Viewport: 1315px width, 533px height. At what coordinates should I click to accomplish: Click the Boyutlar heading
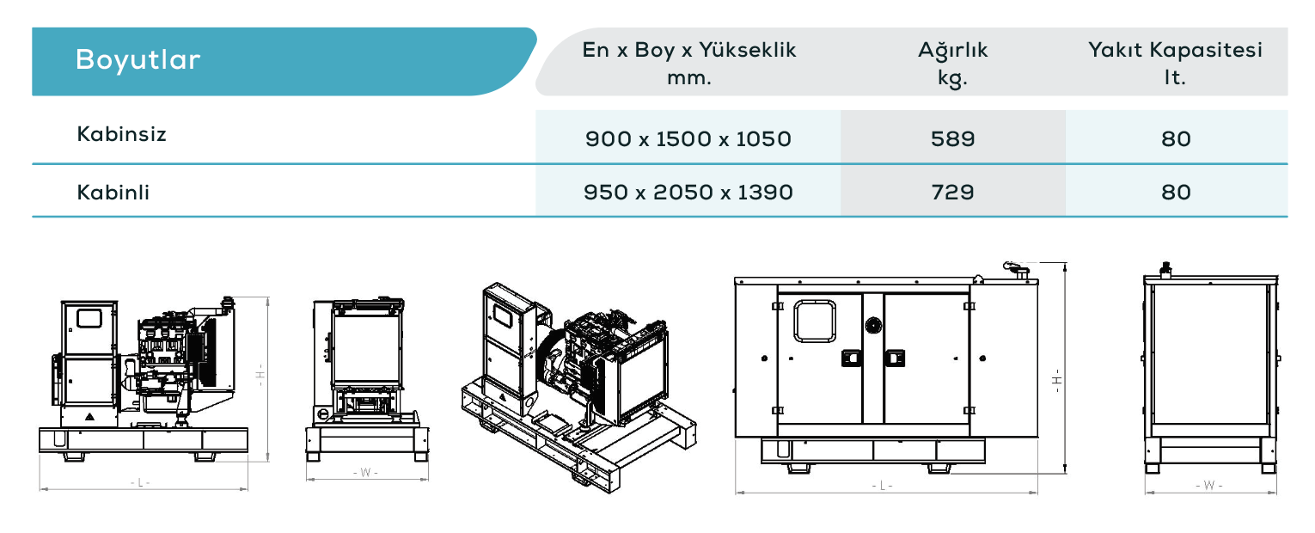coord(138,60)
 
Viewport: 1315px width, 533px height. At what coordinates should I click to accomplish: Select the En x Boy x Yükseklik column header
coord(689,63)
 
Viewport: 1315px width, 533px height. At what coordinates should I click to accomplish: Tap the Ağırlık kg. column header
coord(952,64)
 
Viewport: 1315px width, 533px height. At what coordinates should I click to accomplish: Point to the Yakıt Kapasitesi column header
coord(1175,63)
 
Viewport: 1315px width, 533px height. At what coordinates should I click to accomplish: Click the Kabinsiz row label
coord(121,134)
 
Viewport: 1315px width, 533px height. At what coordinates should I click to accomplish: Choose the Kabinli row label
coord(113,193)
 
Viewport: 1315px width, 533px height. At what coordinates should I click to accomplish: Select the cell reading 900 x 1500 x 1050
coord(688,139)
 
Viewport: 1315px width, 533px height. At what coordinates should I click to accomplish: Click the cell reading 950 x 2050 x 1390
coord(688,193)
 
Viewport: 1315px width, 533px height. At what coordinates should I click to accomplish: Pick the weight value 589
coord(953,139)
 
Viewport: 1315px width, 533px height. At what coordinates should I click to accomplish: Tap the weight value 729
coord(953,193)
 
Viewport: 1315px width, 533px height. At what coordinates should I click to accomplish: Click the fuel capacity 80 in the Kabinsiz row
coord(1176,139)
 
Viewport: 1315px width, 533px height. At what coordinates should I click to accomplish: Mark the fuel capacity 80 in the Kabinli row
coord(1176,193)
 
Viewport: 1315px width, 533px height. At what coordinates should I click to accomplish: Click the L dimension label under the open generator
coord(140,482)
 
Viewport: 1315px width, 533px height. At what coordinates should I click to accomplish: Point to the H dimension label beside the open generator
coord(260,375)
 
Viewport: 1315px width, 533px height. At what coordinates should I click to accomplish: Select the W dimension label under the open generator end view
coord(365,473)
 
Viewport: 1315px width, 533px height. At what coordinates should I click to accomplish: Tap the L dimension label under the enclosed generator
coord(882,486)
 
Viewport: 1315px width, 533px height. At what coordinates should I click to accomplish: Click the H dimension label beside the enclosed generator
coord(1056,380)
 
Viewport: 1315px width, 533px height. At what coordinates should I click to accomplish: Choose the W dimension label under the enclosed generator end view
coord(1208,486)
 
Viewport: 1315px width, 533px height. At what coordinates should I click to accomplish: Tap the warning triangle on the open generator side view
coord(89,417)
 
